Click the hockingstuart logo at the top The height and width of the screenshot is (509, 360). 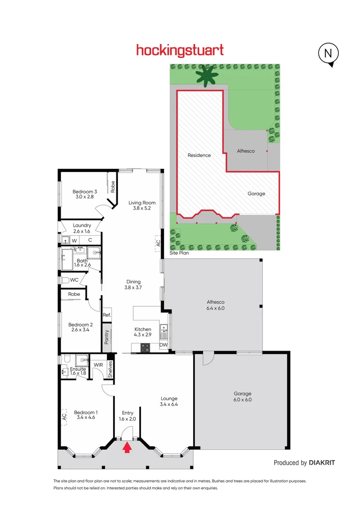(x=180, y=50)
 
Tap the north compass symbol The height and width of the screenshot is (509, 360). (x=328, y=54)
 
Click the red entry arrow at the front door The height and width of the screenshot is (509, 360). (x=126, y=447)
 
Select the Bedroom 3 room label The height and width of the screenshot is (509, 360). (x=85, y=191)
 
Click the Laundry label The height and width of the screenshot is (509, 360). (x=82, y=226)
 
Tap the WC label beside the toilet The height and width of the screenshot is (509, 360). (x=74, y=280)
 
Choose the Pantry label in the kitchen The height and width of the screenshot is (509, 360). (x=106, y=336)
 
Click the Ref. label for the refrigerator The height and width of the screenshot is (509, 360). (x=106, y=315)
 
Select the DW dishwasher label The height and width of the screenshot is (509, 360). (x=163, y=345)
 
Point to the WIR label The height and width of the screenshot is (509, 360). (x=98, y=365)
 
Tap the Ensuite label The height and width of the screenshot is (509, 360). (x=78, y=369)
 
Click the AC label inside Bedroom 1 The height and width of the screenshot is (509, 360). (x=64, y=417)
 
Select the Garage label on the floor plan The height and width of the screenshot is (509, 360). (x=243, y=394)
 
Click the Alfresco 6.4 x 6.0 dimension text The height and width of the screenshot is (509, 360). (x=215, y=308)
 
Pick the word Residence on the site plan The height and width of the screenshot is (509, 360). (x=199, y=155)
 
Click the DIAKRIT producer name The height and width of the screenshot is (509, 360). (x=322, y=463)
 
